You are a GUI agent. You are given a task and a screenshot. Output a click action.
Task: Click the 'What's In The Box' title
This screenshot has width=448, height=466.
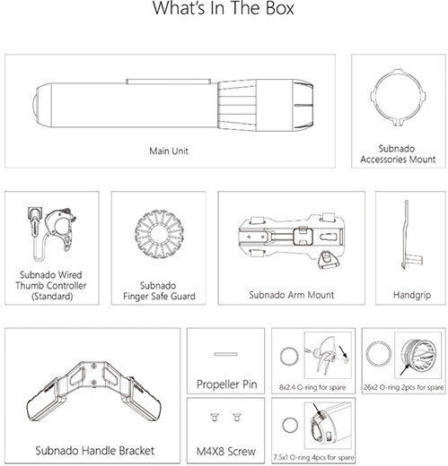pos(224,8)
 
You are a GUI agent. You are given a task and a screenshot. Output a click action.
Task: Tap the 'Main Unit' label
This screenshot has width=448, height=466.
pos(169,151)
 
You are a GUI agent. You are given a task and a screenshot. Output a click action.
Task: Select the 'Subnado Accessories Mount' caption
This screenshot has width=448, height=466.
pos(398,154)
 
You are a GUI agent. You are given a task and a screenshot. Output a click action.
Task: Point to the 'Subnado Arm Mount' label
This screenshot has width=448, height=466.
pos(292,295)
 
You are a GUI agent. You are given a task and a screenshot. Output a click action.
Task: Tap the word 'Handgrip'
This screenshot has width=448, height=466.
pos(412,295)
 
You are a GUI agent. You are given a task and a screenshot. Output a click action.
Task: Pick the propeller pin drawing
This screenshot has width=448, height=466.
pos(225,354)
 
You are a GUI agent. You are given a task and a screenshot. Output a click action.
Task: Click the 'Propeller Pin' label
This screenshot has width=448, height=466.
pos(227,384)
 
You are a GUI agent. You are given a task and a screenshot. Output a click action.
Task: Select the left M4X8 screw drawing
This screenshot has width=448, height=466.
pos(215,417)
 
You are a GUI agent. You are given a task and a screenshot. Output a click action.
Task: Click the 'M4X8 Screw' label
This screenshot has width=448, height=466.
pos(226,451)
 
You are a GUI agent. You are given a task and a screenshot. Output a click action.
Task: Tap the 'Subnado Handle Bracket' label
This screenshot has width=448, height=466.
pos(95,451)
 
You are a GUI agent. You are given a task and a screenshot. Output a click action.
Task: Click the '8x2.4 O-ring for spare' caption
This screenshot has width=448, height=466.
pos(312,387)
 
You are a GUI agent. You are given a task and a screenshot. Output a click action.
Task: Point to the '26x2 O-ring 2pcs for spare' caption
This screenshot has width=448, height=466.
pos(403,387)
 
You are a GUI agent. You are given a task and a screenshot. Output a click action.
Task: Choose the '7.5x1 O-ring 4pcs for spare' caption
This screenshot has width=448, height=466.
pos(313,457)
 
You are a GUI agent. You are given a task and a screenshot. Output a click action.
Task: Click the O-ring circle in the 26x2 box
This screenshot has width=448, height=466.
pos(367,354)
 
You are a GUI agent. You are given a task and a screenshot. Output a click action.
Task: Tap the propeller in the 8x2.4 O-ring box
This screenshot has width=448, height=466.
pos(325,356)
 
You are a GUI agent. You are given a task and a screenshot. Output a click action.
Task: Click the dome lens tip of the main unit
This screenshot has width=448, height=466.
pos(34,105)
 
